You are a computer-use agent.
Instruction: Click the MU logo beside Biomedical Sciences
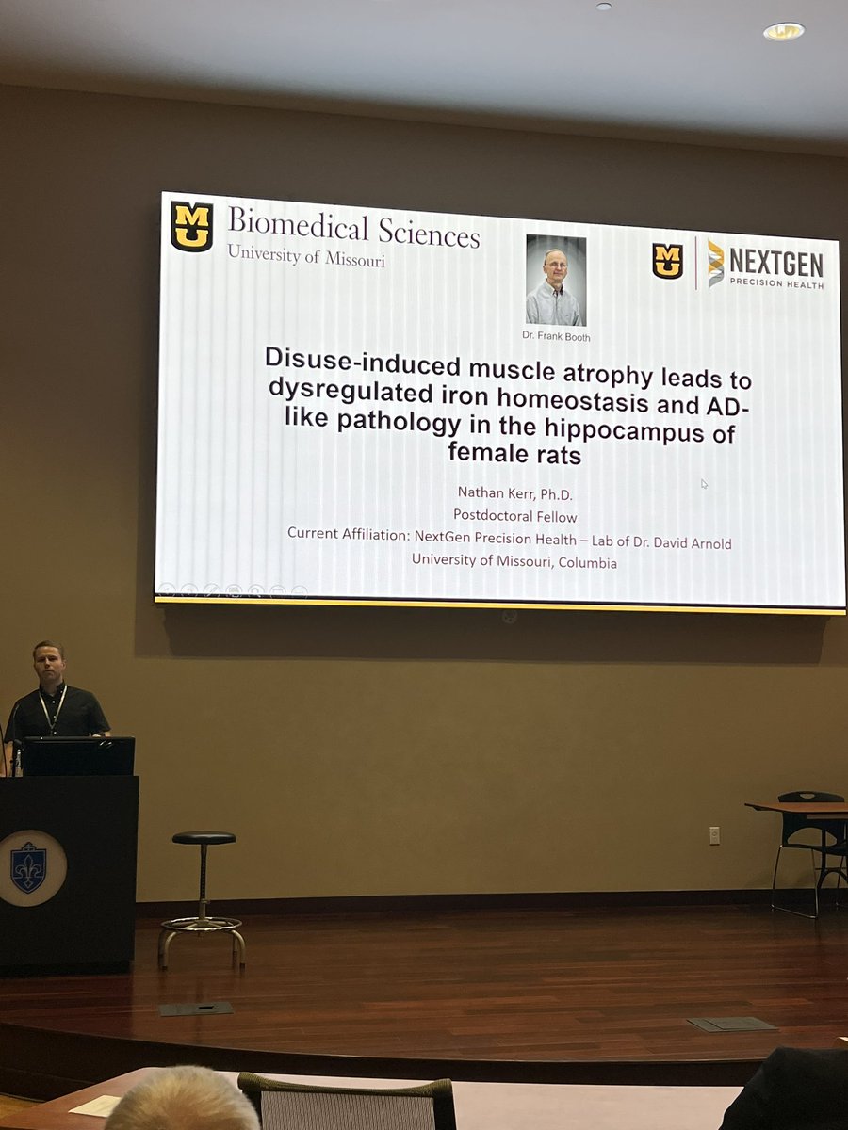(x=191, y=227)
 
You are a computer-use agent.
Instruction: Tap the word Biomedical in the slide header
(x=286, y=226)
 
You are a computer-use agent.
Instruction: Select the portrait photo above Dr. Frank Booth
(x=555, y=281)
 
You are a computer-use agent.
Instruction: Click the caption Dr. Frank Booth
(x=555, y=336)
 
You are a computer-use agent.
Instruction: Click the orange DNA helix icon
(x=716, y=263)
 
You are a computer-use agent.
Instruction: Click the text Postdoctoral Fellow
(x=514, y=515)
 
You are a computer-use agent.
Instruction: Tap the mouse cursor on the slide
(x=704, y=484)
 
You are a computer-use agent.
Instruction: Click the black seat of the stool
(x=203, y=837)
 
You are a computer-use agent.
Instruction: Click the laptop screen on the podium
(x=78, y=755)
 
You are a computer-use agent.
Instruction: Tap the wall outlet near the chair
(x=714, y=834)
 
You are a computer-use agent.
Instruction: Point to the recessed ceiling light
(x=784, y=31)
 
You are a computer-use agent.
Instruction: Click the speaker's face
(x=46, y=665)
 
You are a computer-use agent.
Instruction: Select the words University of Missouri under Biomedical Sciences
(x=306, y=256)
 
